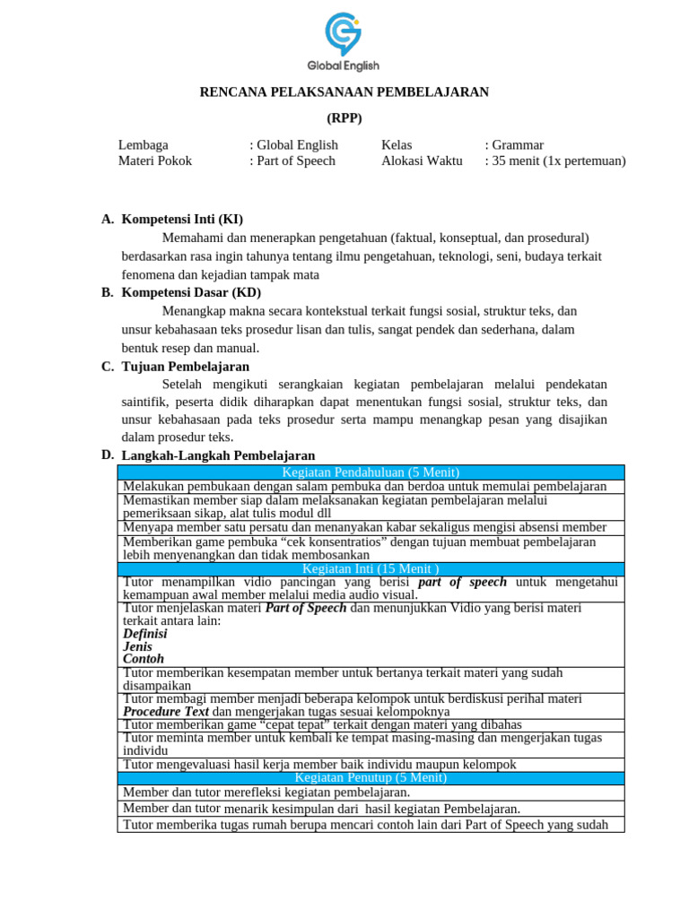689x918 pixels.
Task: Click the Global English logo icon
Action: click(343, 34)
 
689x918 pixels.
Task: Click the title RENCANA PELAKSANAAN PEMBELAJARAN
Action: click(344, 92)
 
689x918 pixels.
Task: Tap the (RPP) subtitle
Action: click(344, 118)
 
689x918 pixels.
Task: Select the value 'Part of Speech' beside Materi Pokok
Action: click(295, 161)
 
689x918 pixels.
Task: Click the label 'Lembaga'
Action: click(144, 145)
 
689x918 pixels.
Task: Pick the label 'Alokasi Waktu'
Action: click(422, 161)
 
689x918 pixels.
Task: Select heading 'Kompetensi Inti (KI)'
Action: click(182, 220)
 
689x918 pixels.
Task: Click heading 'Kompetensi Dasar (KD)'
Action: click(191, 293)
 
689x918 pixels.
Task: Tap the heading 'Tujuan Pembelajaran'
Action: click(186, 367)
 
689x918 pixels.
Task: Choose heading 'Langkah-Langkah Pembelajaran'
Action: click(218, 456)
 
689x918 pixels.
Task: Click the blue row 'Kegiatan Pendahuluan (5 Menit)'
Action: click(371, 472)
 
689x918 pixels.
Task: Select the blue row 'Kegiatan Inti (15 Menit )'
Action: click(371, 569)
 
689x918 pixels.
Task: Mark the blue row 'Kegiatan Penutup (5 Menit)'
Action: click(371, 777)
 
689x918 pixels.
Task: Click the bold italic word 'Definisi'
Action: click(145, 634)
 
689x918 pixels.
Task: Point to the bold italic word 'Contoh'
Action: click(144, 659)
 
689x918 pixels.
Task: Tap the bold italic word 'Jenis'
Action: click(138, 646)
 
